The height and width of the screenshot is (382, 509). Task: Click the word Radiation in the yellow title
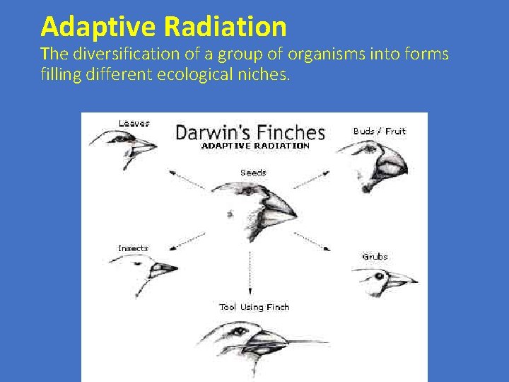225,28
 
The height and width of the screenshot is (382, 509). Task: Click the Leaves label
134,123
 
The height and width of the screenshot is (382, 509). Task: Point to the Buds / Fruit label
379,131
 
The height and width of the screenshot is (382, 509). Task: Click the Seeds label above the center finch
253,173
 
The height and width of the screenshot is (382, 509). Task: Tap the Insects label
133,248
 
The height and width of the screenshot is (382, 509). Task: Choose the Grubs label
375,257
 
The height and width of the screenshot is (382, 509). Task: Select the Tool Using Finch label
254,307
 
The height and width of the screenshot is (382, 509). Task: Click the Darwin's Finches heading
250,132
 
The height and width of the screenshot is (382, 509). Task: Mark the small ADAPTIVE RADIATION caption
255,146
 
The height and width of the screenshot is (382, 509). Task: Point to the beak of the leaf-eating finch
143,146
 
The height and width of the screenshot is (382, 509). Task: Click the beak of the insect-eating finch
165,268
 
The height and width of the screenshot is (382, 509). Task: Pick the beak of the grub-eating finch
400,281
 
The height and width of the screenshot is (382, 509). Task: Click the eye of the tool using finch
239,331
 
